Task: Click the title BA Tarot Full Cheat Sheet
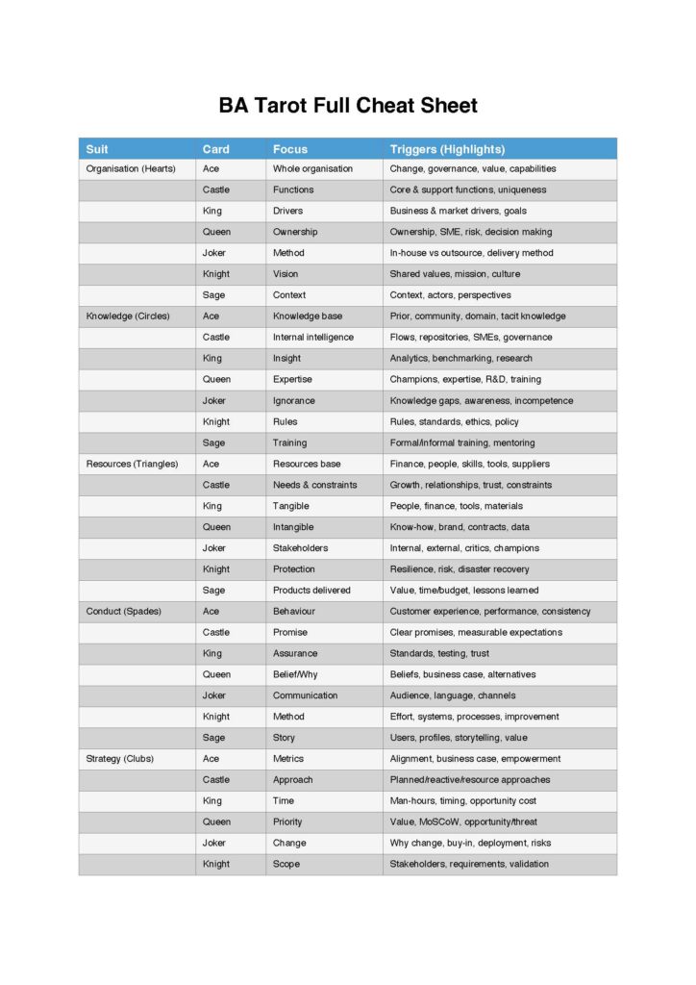pyautogui.click(x=348, y=106)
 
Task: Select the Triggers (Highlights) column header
pyautogui.click(x=447, y=149)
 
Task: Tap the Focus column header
pyautogui.click(x=289, y=149)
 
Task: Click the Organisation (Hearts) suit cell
pyautogui.click(x=131, y=169)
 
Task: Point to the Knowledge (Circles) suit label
pyautogui.click(x=128, y=316)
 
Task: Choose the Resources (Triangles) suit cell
pyautogui.click(x=132, y=464)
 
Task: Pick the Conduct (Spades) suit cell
pyautogui.click(x=123, y=612)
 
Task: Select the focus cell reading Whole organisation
pyautogui.click(x=312, y=169)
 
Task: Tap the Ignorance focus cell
pyautogui.click(x=293, y=401)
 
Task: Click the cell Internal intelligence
pyautogui.click(x=312, y=338)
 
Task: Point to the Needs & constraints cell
pyautogui.click(x=314, y=485)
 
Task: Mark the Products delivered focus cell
pyautogui.click(x=311, y=591)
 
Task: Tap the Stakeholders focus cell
pyautogui.click(x=300, y=548)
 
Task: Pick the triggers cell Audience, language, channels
pyautogui.click(x=452, y=695)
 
